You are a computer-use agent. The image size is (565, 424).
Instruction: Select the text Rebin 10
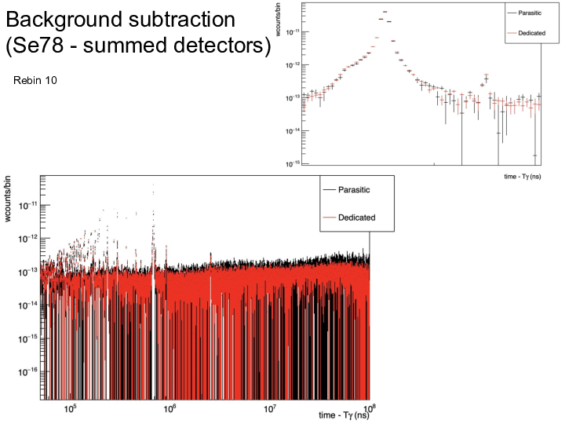click(x=34, y=81)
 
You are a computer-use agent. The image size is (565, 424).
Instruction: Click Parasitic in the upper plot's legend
click(x=534, y=14)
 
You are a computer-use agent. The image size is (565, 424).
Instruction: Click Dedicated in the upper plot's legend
click(x=534, y=32)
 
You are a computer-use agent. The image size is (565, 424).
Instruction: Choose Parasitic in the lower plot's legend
click(x=354, y=190)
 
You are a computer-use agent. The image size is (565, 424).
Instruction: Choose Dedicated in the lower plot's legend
click(x=356, y=217)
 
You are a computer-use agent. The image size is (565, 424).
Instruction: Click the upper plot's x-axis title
click(x=523, y=177)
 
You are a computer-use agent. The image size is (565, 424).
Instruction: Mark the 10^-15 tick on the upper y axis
click(x=290, y=163)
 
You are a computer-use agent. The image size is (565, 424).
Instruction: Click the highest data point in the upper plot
click(x=385, y=12)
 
